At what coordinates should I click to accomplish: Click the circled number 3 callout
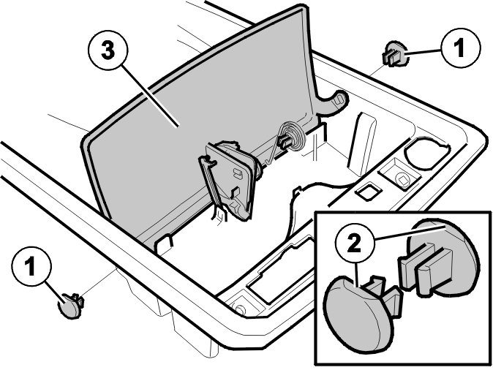tap(108, 50)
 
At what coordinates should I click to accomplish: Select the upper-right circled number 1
tap(461, 48)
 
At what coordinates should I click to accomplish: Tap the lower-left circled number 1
tap(31, 266)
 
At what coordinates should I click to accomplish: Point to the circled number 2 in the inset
tap(355, 244)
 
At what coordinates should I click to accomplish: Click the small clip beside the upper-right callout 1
tap(394, 54)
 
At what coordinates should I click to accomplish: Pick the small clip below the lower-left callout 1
tap(71, 305)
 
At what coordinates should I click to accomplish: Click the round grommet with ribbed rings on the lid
tap(292, 137)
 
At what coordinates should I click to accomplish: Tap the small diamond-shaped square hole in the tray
tap(368, 192)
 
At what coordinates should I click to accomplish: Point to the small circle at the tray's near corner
tap(240, 309)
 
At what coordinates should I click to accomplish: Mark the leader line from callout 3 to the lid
tap(150, 95)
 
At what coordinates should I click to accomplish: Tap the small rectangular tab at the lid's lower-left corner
tap(165, 244)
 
